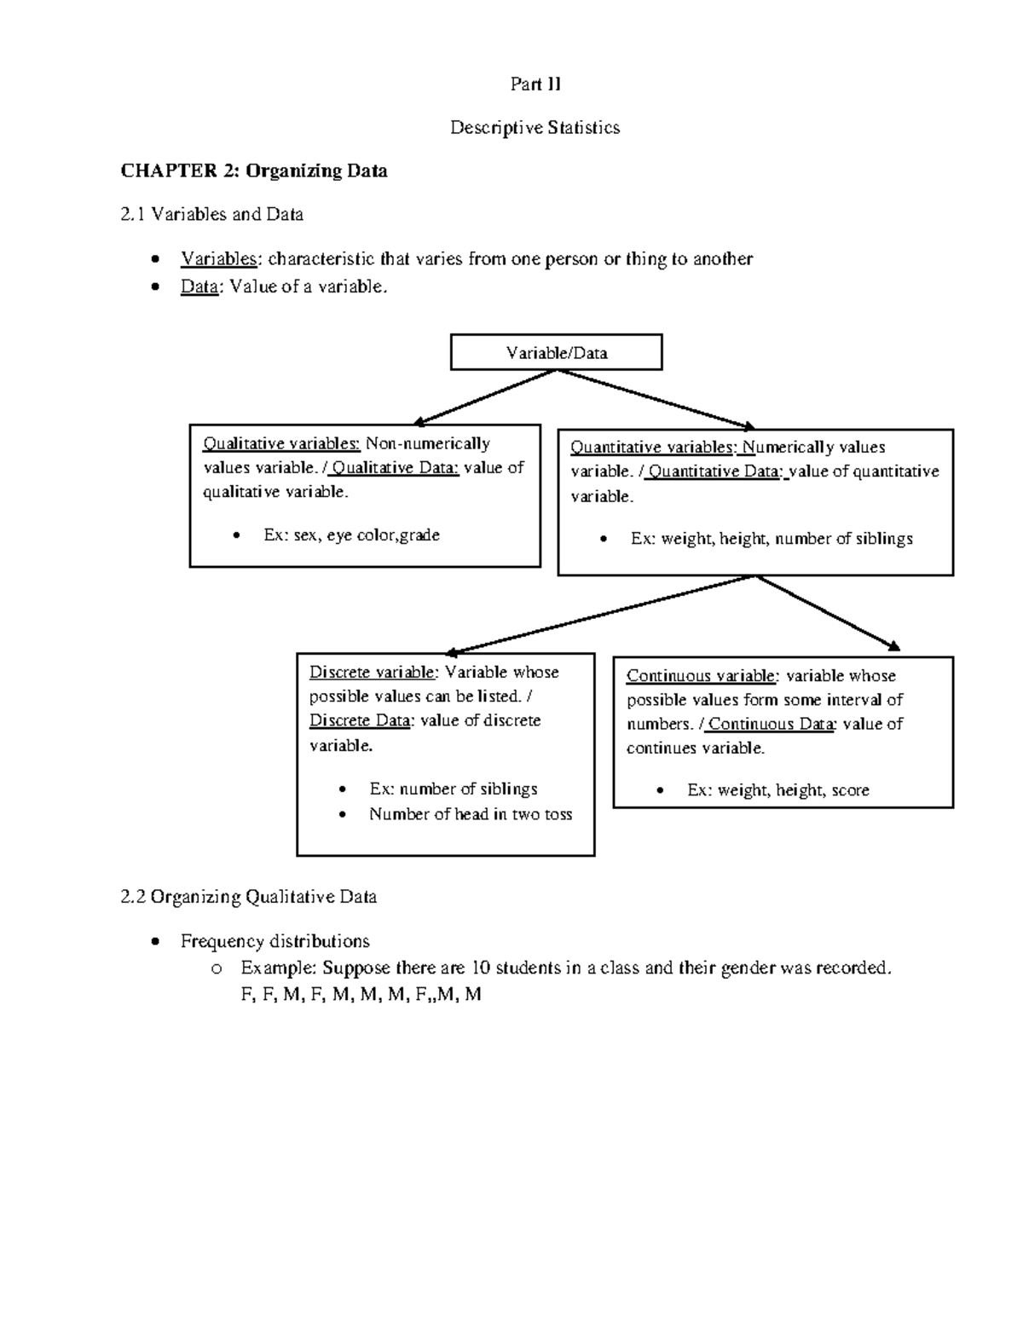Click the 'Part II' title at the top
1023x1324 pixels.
coord(535,84)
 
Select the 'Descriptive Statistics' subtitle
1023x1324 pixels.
coord(535,128)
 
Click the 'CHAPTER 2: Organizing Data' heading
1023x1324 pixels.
coord(254,171)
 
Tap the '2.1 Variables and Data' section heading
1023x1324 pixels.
coord(212,214)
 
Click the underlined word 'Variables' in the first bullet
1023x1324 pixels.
coord(218,259)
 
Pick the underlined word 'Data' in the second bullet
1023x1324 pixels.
coord(199,286)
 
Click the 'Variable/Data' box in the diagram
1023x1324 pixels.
coord(556,352)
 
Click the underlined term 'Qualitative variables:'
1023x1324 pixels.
coord(281,443)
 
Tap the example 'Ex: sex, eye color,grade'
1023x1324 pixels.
coord(351,535)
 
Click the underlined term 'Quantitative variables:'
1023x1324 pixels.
coord(652,448)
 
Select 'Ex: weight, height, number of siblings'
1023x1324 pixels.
coord(772,539)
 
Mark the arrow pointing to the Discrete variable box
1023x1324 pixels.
coord(600,613)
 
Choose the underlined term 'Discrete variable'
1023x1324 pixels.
coord(372,673)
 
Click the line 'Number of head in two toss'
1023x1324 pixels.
coord(471,814)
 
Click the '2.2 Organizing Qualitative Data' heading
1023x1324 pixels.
coord(249,897)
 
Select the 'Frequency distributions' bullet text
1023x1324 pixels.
coord(275,941)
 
